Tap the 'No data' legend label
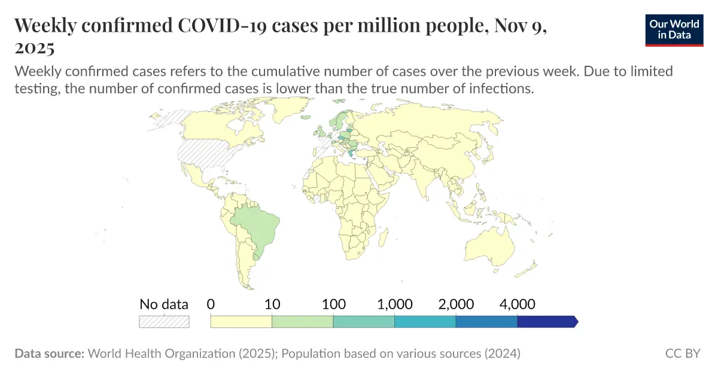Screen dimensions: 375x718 pos(164,304)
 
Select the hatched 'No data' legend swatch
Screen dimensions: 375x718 pos(164,321)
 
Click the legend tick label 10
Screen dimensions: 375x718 pos(272,304)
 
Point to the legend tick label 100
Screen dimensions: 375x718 pos(334,304)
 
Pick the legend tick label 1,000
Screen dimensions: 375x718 pos(395,304)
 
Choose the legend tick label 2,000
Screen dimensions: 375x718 pos(456,304)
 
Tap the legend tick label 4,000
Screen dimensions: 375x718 pos(517,304)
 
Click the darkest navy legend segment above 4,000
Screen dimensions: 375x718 pos(546,321)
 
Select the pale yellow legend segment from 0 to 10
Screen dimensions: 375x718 pos(241,321)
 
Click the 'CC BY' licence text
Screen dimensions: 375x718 pos(683,353)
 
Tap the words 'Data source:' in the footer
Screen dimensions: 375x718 pos(49,353)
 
